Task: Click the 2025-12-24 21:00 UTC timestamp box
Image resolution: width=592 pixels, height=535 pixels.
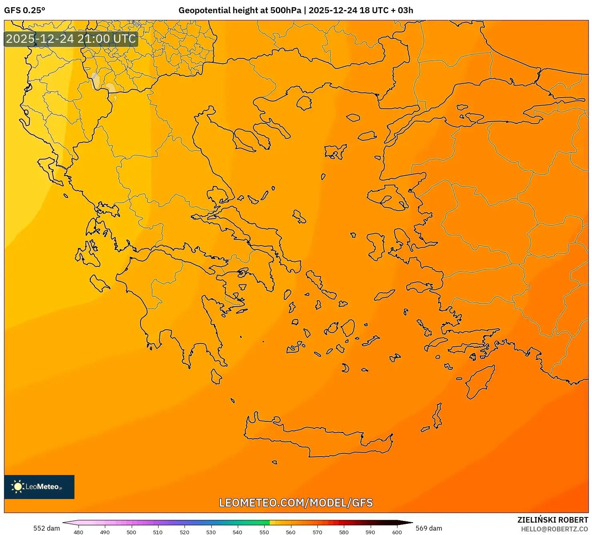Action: [x=71, y=39]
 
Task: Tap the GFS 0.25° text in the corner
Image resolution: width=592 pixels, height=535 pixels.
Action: [x=24, y=10]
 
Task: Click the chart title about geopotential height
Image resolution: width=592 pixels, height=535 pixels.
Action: [x=295, y=10]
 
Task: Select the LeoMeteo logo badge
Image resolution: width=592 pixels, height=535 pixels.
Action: [x=39, y=487]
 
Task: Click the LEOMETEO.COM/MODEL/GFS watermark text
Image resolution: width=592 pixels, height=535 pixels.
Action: [x=296, y=503]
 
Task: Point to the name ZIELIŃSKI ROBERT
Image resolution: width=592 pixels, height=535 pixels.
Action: [x=552, y=520]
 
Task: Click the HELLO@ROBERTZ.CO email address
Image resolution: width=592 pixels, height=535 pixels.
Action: [x=554, y=529]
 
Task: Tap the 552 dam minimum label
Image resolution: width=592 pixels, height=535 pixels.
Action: [x=46, y=528]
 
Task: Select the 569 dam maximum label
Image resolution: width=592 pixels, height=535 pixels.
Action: [x=429, y=528]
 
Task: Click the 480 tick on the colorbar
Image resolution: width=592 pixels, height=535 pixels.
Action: [x=78, y=532]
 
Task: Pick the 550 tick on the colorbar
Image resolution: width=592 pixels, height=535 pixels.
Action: [x=264, y=532]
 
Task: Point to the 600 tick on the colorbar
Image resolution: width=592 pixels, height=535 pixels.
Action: [x=397, y=532]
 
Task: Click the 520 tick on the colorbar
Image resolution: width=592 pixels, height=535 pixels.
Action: [x=185, y=532]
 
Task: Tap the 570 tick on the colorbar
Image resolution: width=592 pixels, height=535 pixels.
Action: [x=317, y=532]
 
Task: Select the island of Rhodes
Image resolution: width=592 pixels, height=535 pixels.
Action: [x=479, y=381]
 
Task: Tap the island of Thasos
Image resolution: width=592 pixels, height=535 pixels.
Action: [x=304, y=103]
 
